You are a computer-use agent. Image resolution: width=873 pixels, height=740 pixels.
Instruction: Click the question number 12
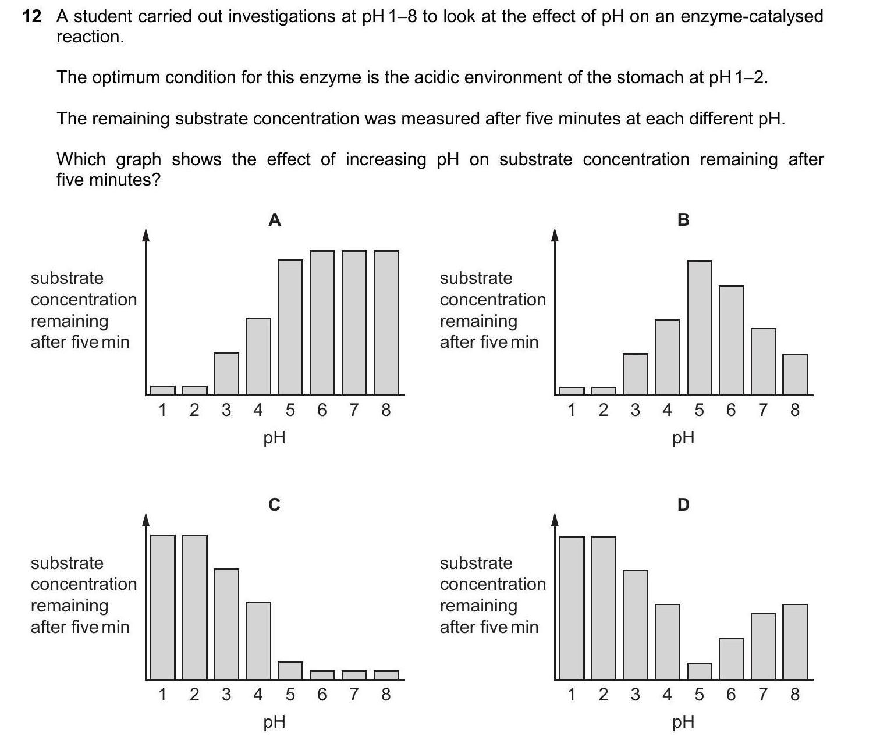click(32, 16)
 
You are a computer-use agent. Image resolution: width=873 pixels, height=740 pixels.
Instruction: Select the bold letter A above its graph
click(275, 220)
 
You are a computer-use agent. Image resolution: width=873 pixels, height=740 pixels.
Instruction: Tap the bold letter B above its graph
click(683, 220)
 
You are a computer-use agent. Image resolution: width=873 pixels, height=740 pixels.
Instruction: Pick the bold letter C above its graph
click(274, 504)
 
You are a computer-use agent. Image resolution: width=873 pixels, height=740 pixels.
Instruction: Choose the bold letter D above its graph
click(683, 504)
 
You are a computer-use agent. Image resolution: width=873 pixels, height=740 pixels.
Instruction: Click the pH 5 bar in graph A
click(290, 328)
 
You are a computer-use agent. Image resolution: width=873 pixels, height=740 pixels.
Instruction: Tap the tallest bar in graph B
click(699, 328)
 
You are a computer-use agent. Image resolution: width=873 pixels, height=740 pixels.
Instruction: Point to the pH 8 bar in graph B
click(795, 375)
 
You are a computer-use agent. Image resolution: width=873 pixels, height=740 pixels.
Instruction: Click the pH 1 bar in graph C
click(162, 607)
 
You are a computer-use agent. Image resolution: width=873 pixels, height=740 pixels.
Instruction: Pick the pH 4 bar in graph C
click(258, 641)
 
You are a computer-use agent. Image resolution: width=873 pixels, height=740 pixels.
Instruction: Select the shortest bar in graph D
click(699, 671)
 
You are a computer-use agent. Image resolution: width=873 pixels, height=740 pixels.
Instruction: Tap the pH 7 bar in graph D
click(763, 646)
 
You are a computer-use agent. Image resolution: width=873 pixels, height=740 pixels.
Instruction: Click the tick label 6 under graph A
click(322, 411)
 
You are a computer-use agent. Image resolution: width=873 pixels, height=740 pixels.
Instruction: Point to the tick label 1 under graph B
click(571, 411)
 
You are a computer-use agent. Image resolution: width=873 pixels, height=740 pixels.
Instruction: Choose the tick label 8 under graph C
click(385, 695)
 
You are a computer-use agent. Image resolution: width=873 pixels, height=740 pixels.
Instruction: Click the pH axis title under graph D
click(683, 722)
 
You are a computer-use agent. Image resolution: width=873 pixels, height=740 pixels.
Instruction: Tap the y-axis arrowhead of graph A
click(146, 234)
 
